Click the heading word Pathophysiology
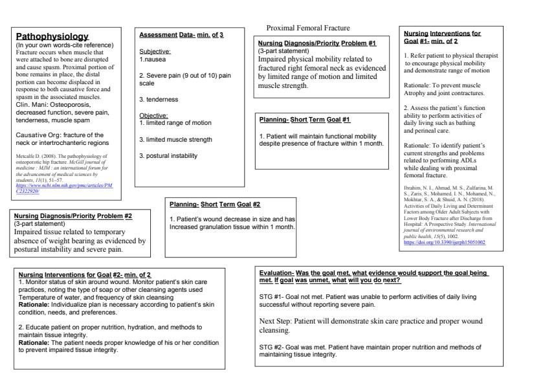coord(52,36)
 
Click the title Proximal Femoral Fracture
coord(308,28)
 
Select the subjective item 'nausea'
coord(155,59)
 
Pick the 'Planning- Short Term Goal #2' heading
coord(215,204)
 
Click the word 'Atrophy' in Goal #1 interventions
coord(419,93)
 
